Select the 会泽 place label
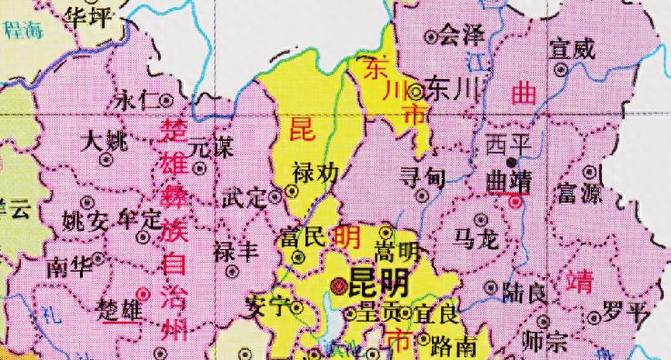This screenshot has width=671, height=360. click(460, 36)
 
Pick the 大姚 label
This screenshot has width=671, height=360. click(104, 141)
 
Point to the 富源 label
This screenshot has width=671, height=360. click(579, 193)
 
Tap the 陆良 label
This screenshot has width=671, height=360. click(524, 292)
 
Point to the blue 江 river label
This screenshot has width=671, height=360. click(473, 61)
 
